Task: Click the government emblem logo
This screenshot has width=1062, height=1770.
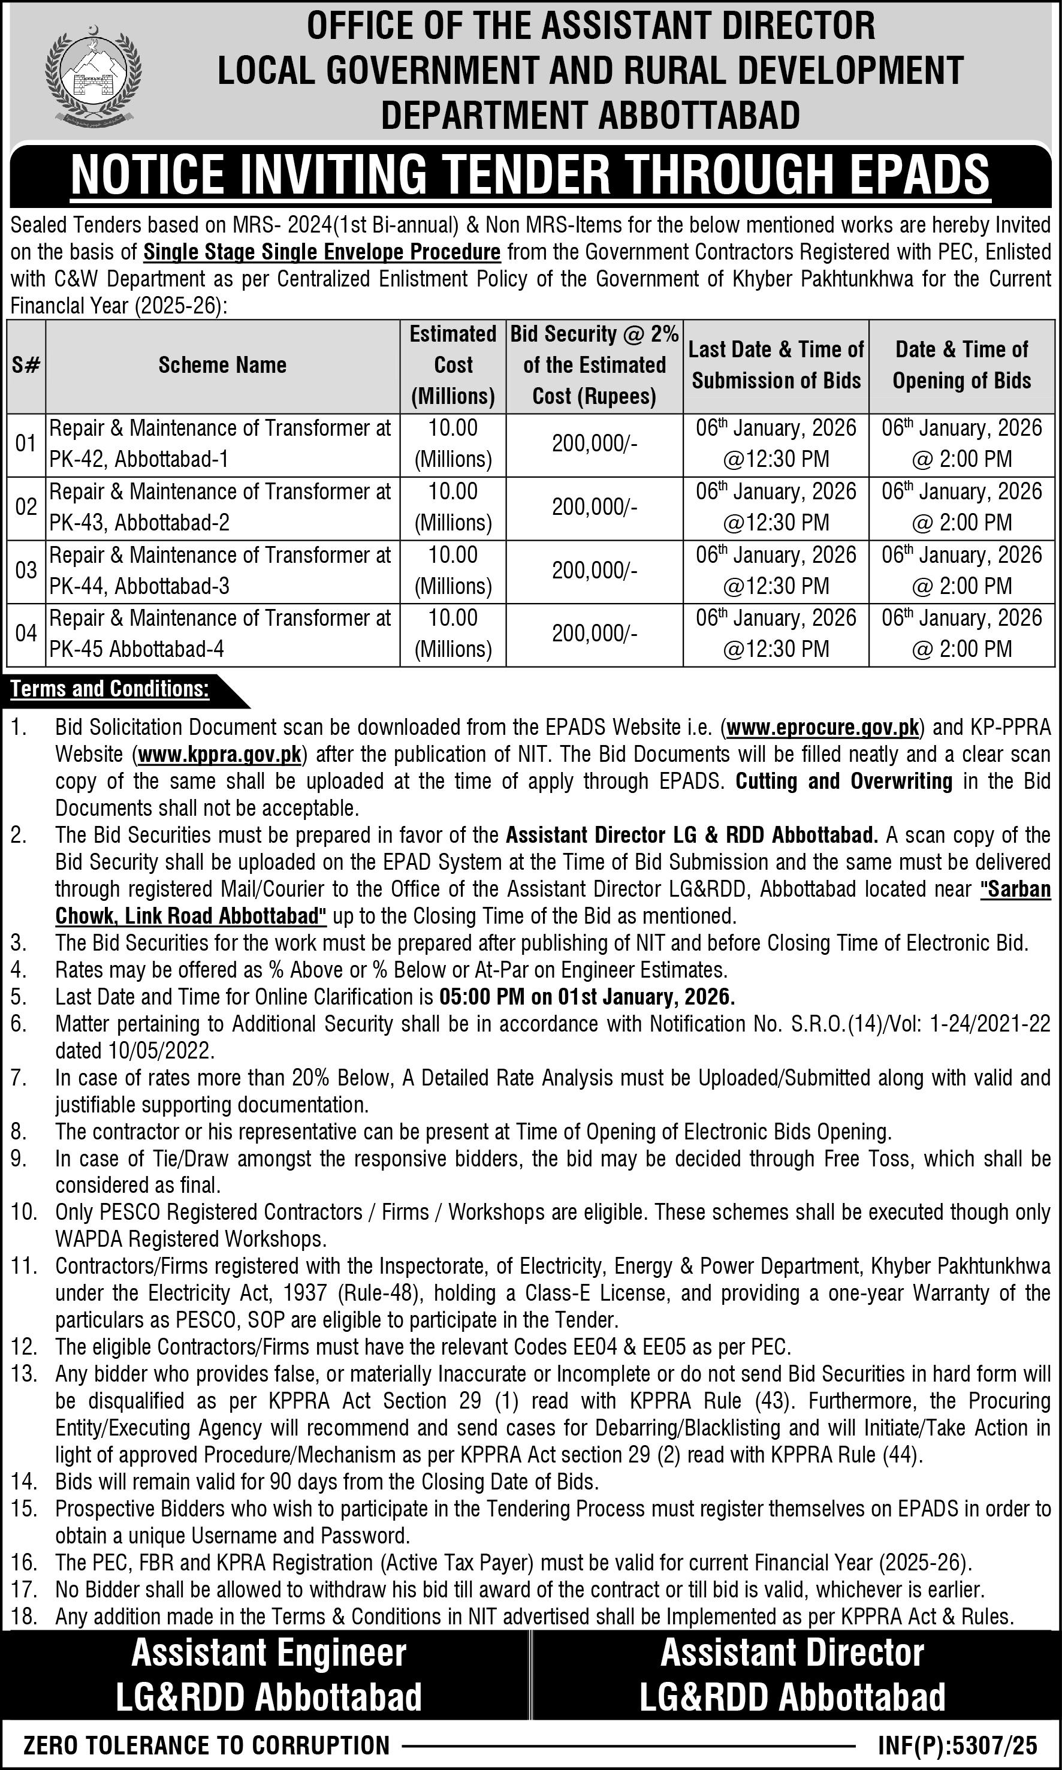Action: pyautogui.click(x=93, y=74)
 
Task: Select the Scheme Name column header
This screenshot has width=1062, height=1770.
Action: pyautogui.click(x=222, y=366)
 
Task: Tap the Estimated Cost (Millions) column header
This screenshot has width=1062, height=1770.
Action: pyautogui.click(x=453, y=365)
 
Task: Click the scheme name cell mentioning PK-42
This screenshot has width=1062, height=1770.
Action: pyautogui.click(x=221, y=444)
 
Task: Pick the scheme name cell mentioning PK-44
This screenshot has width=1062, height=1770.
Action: pyautogui.click(x=221, y=571)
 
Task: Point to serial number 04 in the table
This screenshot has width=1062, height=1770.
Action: pyautogui.click(x=26, y=634)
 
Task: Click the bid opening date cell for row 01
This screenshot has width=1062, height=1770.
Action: pyautogui.click(x=961, y=444)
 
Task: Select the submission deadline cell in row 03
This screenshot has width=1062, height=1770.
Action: pyautogui.click(x=776, y=571)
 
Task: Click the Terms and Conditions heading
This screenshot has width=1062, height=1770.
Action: pyautogui.click(x=110, y=689)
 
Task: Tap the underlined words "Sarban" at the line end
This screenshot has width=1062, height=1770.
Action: pyautogui.click(x=1015, y=889)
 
